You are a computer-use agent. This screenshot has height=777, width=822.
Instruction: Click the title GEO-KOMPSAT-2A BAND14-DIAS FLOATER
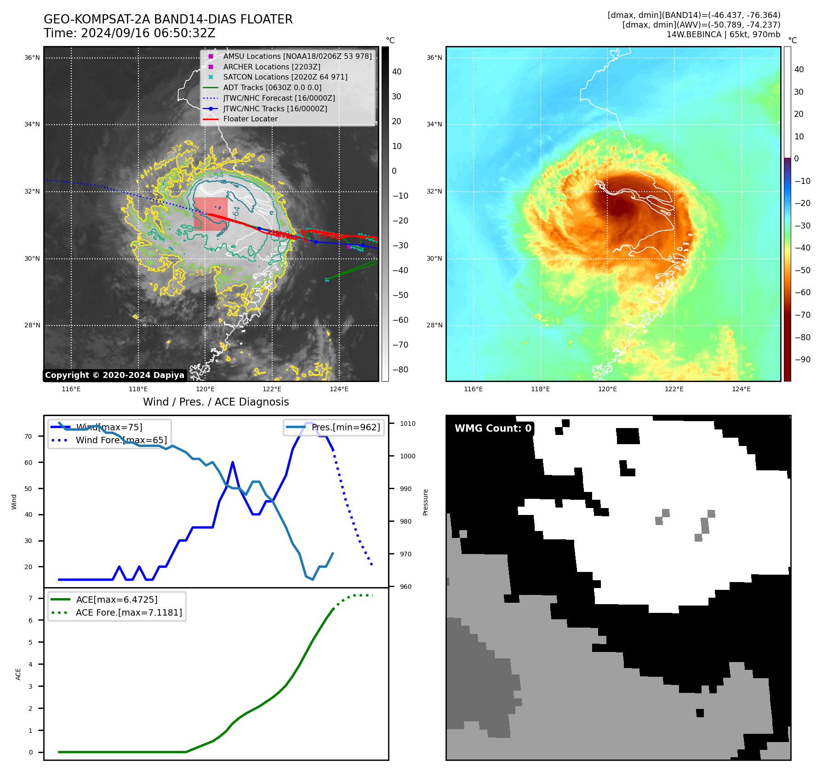coord(168,19)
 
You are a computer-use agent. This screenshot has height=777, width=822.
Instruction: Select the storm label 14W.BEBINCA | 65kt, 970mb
coord(723,34)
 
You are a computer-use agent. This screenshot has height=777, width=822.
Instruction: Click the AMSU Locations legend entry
coord(297,56)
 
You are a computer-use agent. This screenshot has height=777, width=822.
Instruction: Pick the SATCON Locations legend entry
coord(285,77)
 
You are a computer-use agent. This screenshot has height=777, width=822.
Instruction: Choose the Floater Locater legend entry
coord(250,119)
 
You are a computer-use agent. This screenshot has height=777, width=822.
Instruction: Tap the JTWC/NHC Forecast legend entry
coord(279,98)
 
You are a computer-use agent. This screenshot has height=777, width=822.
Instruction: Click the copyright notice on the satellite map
coord(114,375)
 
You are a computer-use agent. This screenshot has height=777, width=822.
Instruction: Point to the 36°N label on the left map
coord(32,58)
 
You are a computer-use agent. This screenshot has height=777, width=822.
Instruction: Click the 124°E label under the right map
coord(741,389)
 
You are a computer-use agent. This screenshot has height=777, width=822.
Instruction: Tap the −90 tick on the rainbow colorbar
coord(802,360)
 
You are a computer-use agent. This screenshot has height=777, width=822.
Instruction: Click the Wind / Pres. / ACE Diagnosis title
coord(216,402)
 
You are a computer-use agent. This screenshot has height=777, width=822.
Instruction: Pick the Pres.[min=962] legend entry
coord(345,427)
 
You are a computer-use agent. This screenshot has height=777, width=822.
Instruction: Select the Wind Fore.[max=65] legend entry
coord(121,440)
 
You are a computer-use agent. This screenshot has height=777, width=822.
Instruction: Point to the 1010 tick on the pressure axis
coord(407,423)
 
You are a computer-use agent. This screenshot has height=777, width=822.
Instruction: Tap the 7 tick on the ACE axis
coord(31,598)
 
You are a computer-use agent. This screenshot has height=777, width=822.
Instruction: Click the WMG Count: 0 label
coord(493,428)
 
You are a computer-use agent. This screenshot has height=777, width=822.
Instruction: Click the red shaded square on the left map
coord(211,214)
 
